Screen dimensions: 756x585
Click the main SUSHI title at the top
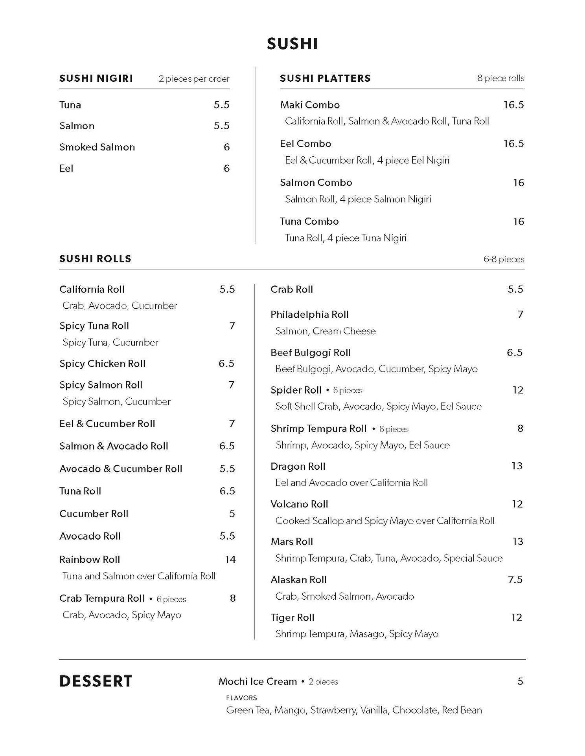(292, 44)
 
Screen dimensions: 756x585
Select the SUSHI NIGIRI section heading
(96, 78)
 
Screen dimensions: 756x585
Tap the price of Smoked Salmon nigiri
(226, 147)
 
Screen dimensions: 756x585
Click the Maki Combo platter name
(310, 105)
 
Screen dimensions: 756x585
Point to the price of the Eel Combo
(513, 143)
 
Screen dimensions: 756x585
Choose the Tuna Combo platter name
(309, 221)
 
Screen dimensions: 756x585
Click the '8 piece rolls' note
(500, 78)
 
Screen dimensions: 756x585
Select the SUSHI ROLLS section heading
(95, 259)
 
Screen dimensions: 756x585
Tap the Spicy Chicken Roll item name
(102, 364)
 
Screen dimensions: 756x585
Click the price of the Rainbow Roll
(230, 559)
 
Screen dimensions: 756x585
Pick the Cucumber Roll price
(232, 514)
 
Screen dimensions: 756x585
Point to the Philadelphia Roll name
(309, 315)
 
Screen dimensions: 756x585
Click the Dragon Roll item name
(298, 466)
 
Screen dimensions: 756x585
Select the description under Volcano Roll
(385, 521)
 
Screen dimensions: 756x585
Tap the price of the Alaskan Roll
(515, 580)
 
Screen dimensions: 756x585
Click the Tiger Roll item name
(292, 618)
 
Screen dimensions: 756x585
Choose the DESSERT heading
(96, 681)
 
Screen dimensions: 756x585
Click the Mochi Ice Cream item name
(258, 681)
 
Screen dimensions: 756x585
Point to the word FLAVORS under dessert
(241, 698)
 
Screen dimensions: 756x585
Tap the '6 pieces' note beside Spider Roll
(348, 390)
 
